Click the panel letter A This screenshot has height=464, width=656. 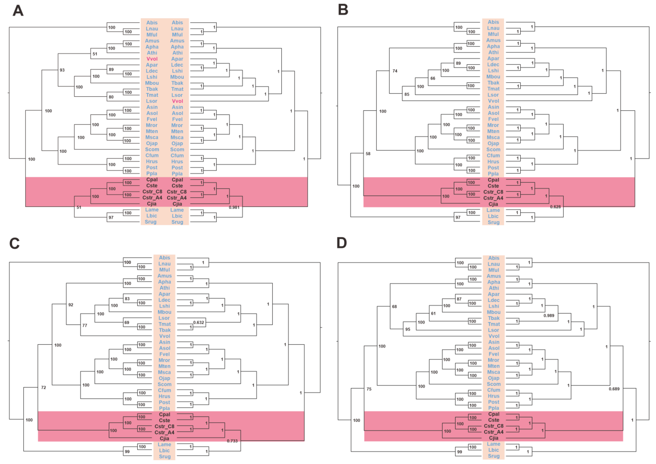[18, 11]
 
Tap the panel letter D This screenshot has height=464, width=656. [342, 243]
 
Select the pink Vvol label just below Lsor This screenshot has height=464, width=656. [177, 101]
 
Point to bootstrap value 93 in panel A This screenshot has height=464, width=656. [62, 70]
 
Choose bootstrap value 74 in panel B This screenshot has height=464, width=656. [395, 71]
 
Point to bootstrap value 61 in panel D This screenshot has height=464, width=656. [433, 313]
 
